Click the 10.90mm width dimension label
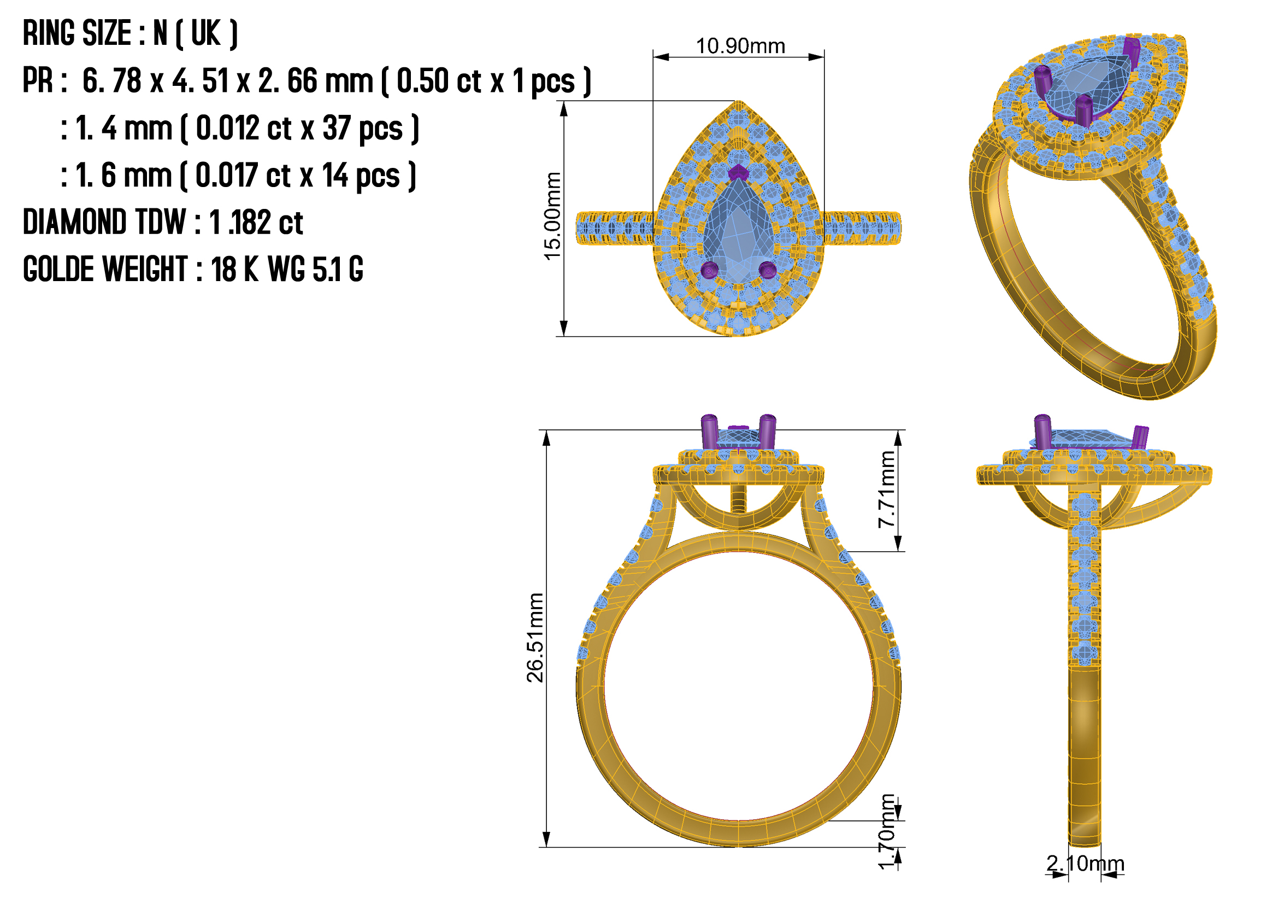740,46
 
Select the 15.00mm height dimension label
552,216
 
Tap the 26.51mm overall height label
535,638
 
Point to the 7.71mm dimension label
887,489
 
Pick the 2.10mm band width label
1086,864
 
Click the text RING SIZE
77,33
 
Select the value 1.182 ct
256,223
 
